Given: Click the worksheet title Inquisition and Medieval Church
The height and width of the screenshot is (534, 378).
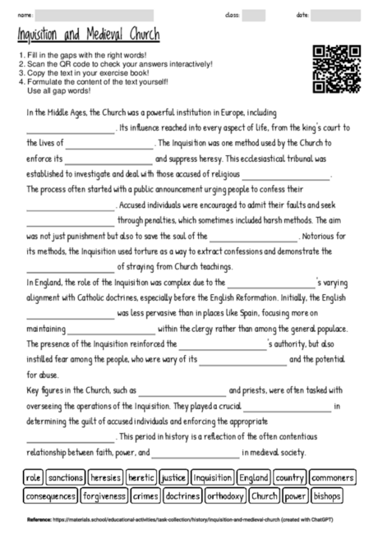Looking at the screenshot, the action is pos(88,36).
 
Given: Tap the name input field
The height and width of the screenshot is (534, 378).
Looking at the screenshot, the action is pos(95,15).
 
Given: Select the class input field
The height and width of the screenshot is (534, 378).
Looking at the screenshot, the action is pos(253,15).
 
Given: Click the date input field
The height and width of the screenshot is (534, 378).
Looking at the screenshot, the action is pos(337,15).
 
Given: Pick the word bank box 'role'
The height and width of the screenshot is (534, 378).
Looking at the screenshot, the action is pos(34,477).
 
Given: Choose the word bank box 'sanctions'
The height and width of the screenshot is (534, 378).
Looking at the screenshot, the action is pos(65,477).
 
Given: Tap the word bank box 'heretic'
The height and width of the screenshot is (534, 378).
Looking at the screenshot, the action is pos(140,477).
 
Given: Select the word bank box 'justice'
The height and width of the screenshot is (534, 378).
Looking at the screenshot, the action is pos(173,477).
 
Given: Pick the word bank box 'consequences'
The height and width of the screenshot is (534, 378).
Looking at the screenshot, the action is pos(51,496).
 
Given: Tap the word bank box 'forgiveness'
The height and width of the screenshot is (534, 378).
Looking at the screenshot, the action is pos(104,496).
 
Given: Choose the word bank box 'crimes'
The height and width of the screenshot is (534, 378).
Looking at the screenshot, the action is pos(145,496).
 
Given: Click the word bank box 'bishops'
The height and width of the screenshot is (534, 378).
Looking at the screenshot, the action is pos(327,496).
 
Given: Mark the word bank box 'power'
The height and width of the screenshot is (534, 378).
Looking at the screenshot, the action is pos(294,496).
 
